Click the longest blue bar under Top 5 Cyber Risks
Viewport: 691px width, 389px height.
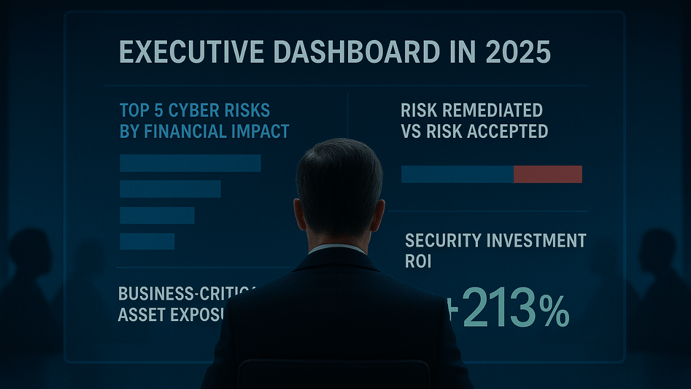point(190,163)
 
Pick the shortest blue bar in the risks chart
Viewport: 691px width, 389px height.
point(147,242)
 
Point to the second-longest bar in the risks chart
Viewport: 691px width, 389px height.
point(170,189)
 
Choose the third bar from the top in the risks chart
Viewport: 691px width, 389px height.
point(157,215)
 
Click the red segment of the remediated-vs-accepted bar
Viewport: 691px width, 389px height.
point(547,174)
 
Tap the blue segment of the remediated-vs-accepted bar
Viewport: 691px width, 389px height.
point(457,174)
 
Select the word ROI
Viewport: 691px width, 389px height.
point(418,261)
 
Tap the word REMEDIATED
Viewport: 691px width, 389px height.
point(492,110)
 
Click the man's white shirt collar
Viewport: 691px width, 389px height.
point(337,249)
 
